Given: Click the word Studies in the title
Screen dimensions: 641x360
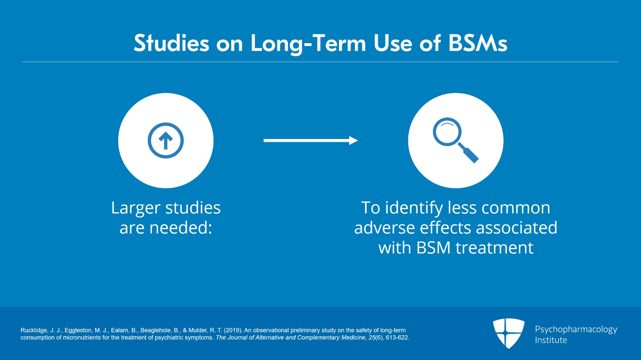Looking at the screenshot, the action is (171, 43).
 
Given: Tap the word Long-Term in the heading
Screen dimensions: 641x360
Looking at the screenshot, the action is (308, 44).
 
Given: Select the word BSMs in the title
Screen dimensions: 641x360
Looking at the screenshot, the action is (478, 43).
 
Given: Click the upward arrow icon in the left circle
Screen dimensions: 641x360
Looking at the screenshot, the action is (166, 141).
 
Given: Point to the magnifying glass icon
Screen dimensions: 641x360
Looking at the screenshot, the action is (455, 140).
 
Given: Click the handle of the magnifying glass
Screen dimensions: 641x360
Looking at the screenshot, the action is (468, 153).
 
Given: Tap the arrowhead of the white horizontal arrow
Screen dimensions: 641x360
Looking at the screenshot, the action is (353, 141).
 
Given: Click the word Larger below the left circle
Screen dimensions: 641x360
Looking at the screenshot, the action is (136, 208).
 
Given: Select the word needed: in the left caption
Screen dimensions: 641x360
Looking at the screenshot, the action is (181, 228).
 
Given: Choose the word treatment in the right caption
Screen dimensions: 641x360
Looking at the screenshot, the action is (494, 248).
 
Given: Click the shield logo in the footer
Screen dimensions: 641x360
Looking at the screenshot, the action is (508, 333).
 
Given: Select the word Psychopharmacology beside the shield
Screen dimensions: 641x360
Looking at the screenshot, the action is (576, 330).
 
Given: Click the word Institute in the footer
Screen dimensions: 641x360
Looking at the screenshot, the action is (551, 340).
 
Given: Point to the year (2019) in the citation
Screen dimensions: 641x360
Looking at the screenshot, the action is (233, 330).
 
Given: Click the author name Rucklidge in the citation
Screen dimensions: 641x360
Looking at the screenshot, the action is (34, 330).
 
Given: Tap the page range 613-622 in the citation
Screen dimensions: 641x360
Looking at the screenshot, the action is (397, 338).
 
